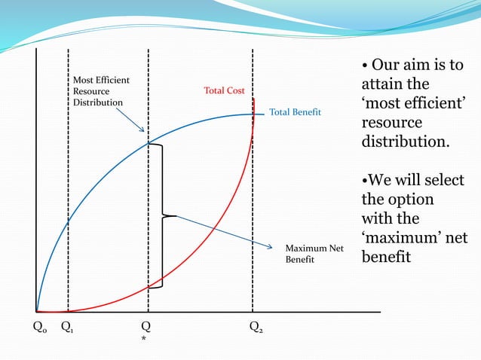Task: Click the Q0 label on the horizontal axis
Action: [38, 328]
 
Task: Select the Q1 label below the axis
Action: [67, 328]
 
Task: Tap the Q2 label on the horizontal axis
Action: [257, 328]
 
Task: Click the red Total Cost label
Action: [224, 90]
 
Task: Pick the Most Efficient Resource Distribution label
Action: [101, 91]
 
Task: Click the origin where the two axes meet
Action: [36, 311]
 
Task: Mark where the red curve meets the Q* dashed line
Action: [148, 288]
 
